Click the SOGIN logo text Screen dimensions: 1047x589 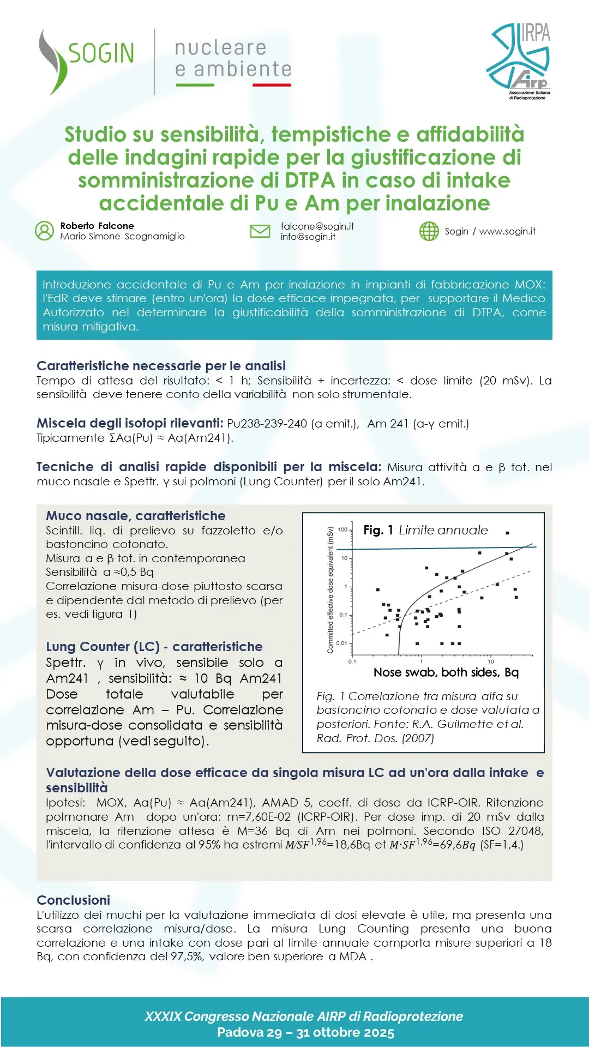pos(101,53)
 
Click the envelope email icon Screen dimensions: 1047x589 pos(260,231)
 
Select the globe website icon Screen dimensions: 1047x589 pos(429,231)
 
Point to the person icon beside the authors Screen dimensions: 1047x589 pos(44,231)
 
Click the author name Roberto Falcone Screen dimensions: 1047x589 pos(97,226)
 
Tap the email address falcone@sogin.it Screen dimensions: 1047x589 pos(317,226)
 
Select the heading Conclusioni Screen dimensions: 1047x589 pos(73,900)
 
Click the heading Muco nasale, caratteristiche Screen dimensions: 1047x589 pos(135,516)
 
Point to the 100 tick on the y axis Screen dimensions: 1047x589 pos(342,529)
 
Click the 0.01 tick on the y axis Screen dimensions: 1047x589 pos(341,643)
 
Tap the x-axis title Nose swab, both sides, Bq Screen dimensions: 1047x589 pos(446,672)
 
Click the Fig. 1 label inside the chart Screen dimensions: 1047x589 pos(378,530)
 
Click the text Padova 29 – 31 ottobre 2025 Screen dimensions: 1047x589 pos(305,1032)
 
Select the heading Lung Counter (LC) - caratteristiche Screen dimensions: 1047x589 pos(154,647)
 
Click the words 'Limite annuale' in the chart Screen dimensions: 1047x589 pos(443,530)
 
